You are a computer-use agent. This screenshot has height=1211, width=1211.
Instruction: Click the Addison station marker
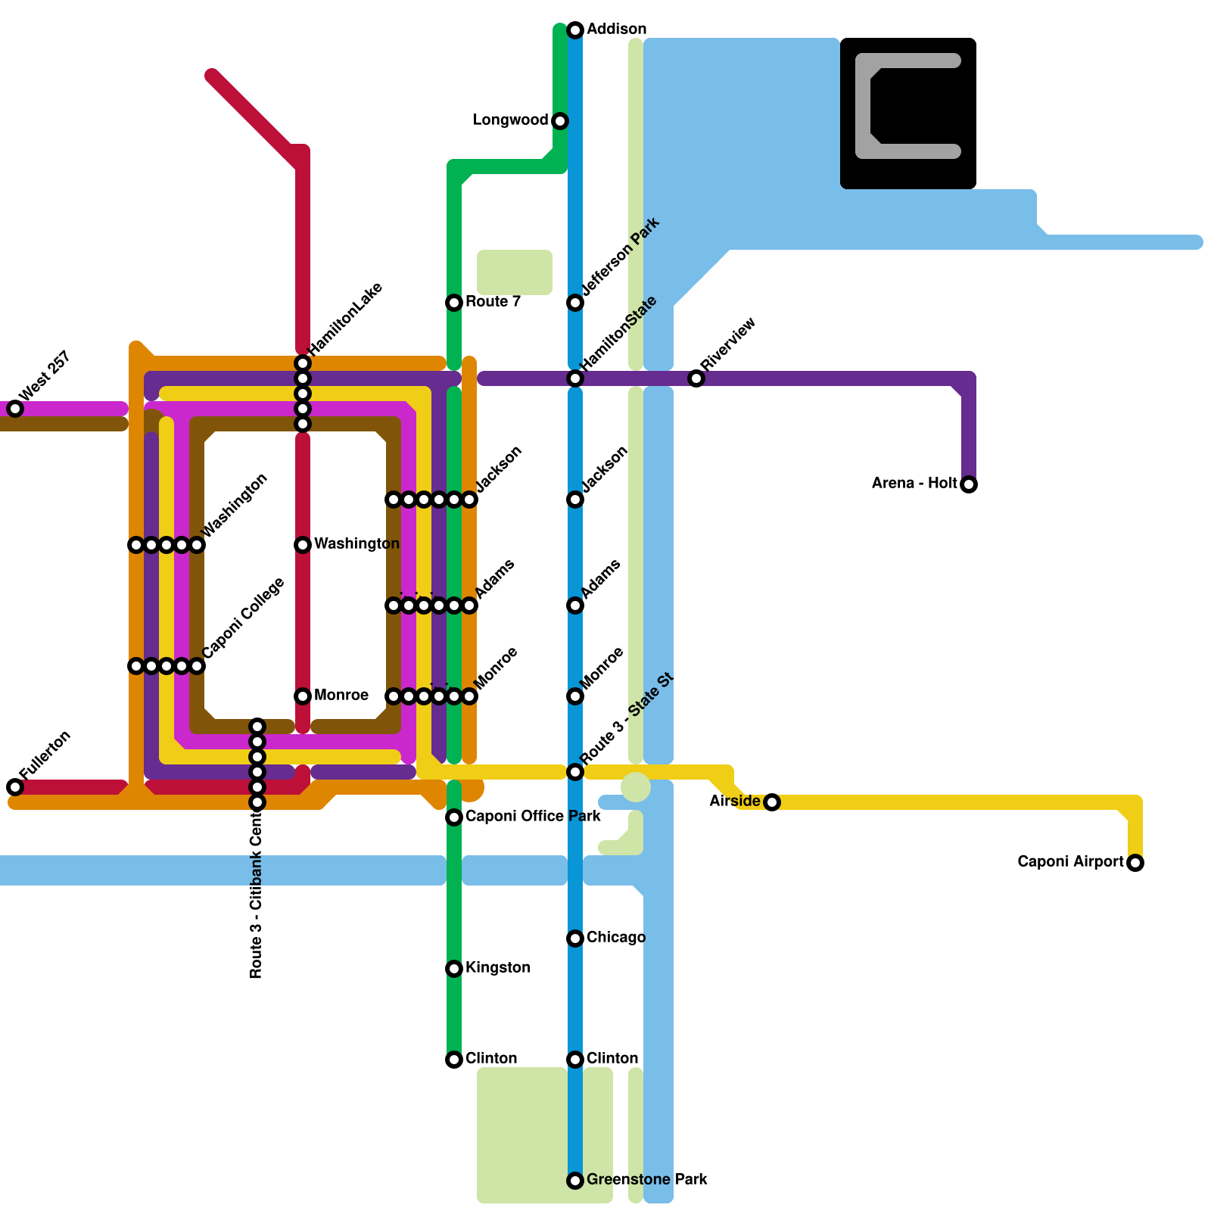[575, 30]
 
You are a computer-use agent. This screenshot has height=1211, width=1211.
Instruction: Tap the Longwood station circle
[560, 121]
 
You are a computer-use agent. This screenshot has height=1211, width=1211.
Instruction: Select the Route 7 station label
[493, 302]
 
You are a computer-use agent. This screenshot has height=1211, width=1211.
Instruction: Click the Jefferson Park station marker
[575, 303]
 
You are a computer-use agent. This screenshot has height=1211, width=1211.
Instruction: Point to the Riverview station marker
[696, 378]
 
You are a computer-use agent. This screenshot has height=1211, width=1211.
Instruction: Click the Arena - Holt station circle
[969, 484]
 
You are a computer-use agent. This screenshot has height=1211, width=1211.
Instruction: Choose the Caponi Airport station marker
[1135, 863]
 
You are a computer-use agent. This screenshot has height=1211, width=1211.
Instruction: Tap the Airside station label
[734, 802]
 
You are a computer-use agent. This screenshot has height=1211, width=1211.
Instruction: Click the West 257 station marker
[15, 409]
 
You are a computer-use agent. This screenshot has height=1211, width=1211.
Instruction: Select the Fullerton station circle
[15, 787]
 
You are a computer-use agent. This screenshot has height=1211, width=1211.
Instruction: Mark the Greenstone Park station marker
[575, 1181]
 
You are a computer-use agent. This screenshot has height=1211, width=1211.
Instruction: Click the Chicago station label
[615, 938]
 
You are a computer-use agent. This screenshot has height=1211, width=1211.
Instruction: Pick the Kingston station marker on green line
[454, 969]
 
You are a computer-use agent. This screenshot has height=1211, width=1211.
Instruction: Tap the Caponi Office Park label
[533, 817]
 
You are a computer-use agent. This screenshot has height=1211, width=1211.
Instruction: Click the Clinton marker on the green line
[454, 1060]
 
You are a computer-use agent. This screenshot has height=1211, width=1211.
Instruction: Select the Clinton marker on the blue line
[575, 1060]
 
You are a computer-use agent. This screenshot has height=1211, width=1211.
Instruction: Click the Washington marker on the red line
[303, 545]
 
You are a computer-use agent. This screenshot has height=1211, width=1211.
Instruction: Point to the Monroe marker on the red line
[303, 696]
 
